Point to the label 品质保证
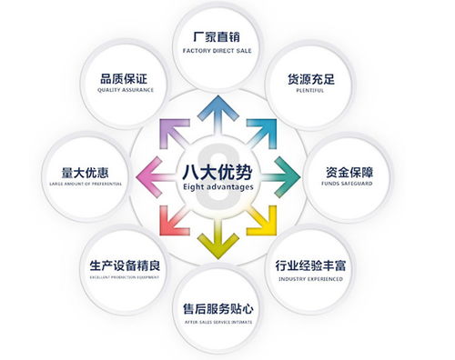119,76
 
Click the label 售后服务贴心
218,309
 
